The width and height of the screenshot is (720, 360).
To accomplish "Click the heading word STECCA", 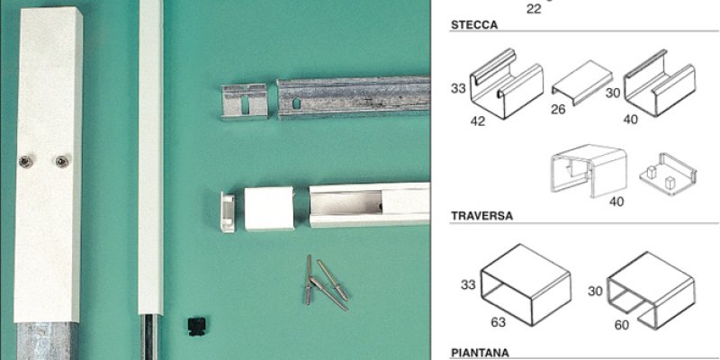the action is click(x=474, y=25).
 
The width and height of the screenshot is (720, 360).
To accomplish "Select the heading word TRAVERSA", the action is click(x=481, y=216).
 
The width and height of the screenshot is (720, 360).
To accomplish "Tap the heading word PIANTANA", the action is click(x=480, y=353).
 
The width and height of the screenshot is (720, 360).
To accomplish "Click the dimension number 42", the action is click(x=478, y=121).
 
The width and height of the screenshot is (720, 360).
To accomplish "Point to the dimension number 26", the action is click(x=558, y=110).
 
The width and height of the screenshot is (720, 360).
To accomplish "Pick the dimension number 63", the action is click(x=499, y=322).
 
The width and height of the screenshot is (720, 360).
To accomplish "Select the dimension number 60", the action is click(x=622, y=325).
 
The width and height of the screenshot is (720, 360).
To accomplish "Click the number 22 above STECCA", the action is click(x=534, y=9).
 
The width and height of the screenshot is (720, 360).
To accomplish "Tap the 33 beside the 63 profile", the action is click(x=468, y=285).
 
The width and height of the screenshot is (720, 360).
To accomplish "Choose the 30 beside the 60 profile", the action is click(x=596, y=291).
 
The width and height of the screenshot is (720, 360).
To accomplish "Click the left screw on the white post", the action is click(x=26, y=161).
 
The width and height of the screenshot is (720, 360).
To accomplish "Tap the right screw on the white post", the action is click(x=62, y=161).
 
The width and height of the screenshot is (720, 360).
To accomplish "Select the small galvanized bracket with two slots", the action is click(x=244, y=102).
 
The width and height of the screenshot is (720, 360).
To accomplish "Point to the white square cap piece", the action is click(x=269, y=208).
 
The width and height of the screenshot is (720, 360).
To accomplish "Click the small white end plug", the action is click(x=228, y=212).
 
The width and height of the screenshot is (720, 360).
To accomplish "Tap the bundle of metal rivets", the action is click(x=326, y=284).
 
